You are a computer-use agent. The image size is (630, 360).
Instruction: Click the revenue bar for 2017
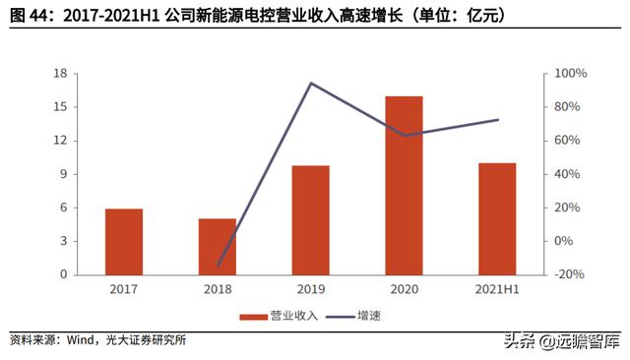(x=124, y=242)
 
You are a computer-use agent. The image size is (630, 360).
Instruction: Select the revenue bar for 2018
(x=218, y=247)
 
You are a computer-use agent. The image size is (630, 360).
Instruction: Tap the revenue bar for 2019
(x=311, y=220)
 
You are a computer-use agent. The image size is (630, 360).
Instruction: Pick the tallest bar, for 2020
(x=404, y=186)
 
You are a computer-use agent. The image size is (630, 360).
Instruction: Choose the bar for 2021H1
(x=497, y=218)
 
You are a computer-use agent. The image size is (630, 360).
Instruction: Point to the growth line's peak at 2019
(x=311, y=84)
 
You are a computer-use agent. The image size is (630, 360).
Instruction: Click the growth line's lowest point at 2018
(x=218, y=266)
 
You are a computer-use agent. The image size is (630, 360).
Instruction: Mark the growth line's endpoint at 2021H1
(x=497, y=120)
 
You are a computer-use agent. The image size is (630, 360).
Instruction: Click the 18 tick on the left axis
(x=60, y=74)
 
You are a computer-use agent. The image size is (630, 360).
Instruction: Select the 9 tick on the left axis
(x=63, y=174)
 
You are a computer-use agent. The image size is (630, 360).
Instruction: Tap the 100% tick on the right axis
(x=571, y=74)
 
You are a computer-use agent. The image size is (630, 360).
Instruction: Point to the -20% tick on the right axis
(x=571, y=274)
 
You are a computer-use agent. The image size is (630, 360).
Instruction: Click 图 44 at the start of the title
(x=26, y=15)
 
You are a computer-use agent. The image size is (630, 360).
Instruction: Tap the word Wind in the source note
(x=80, y=340)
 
